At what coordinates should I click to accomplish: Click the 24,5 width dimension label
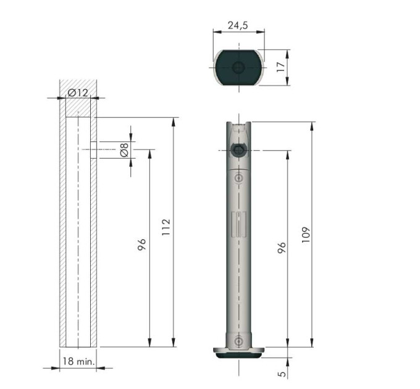238,25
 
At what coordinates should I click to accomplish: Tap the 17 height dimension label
281,67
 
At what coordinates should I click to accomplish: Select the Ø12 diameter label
78,93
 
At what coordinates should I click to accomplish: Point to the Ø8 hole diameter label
124,150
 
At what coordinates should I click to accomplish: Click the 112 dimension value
166,227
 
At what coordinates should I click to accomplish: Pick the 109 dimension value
306,235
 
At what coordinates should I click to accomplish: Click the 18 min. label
79,361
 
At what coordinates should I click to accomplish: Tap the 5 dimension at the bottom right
282,374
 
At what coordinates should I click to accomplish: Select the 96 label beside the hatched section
141,245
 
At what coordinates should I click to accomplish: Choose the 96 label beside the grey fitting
282,248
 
